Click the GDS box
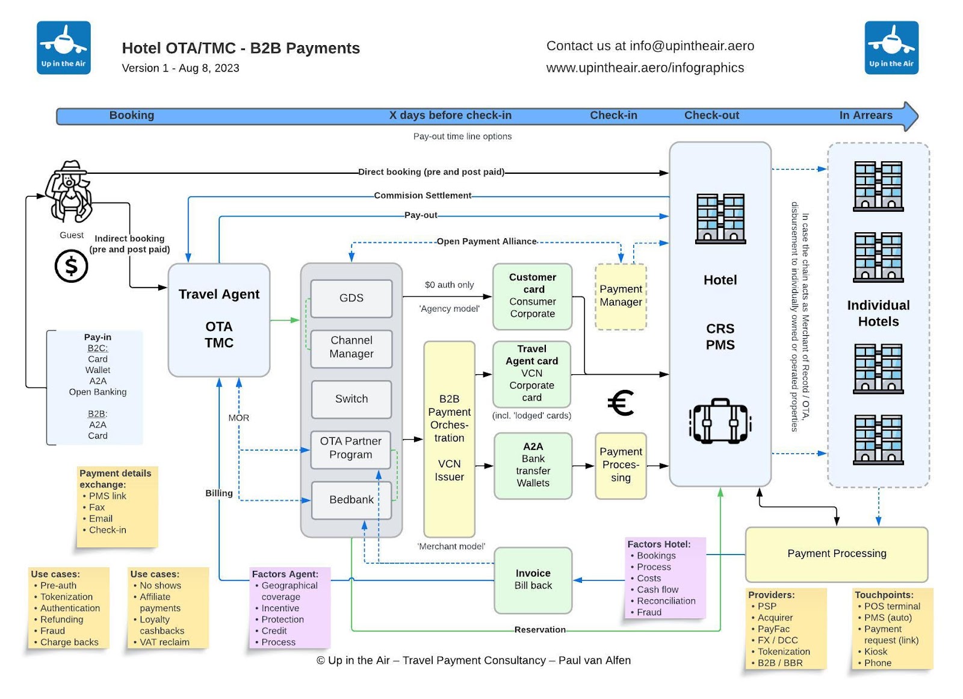coord(351,298)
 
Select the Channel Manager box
coord(351,348)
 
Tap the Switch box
coord(351,399)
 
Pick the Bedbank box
coord(351,500)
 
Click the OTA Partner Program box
coord(351,449)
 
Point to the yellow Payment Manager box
coord(621,296)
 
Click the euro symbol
coord(621,403)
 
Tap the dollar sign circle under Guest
coord(71,266)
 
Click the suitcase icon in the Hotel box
coord(720,421)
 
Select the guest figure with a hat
coord(69,191)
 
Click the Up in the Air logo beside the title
coord(64,48)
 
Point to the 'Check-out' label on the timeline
coord(711,115)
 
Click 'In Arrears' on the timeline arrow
coord(865,115)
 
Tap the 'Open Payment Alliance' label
coord(486,242)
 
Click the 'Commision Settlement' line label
coord(423,196)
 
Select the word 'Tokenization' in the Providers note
coord(784,652)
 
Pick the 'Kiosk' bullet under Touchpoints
coord(876,652)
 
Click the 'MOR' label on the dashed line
coord(238,418)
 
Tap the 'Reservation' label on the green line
coord(540,630)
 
